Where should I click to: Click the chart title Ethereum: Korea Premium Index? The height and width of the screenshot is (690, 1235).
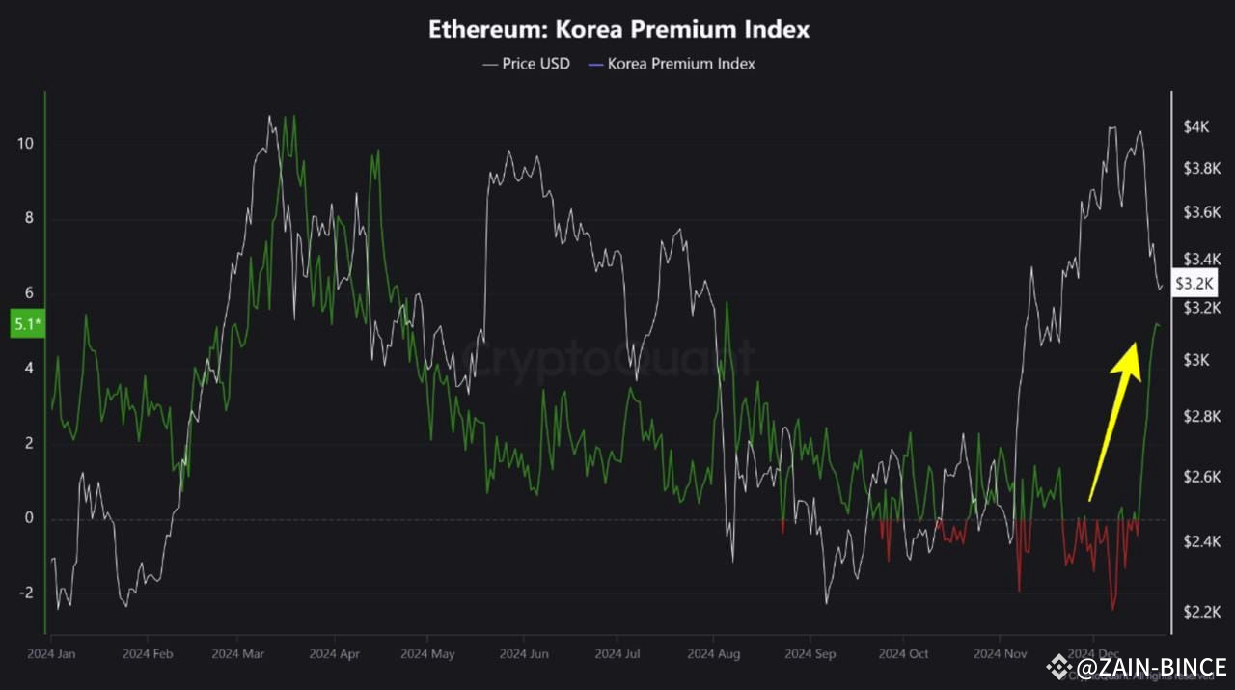(618, 29)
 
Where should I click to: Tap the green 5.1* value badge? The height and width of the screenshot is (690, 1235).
(26, 324)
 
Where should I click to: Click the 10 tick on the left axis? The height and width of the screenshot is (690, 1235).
(25, 144)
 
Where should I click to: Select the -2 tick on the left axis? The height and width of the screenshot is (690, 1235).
(25, 593)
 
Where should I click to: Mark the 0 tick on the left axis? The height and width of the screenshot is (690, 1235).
(29, 518)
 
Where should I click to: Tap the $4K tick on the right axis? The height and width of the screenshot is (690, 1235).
(1195, 127)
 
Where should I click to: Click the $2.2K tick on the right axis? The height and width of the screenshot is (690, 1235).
(1202, 612)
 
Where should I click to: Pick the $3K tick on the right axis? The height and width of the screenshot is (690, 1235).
(1195, 360)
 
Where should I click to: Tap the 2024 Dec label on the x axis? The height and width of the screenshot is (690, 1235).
(1093, 653)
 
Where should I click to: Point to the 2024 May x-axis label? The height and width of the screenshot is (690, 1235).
(427, 653)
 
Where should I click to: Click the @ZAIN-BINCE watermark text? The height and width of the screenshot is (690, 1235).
(1151, 667)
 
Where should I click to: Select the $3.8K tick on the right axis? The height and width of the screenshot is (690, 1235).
(1202, 168)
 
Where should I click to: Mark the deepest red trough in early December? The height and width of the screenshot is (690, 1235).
(1113, 609)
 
